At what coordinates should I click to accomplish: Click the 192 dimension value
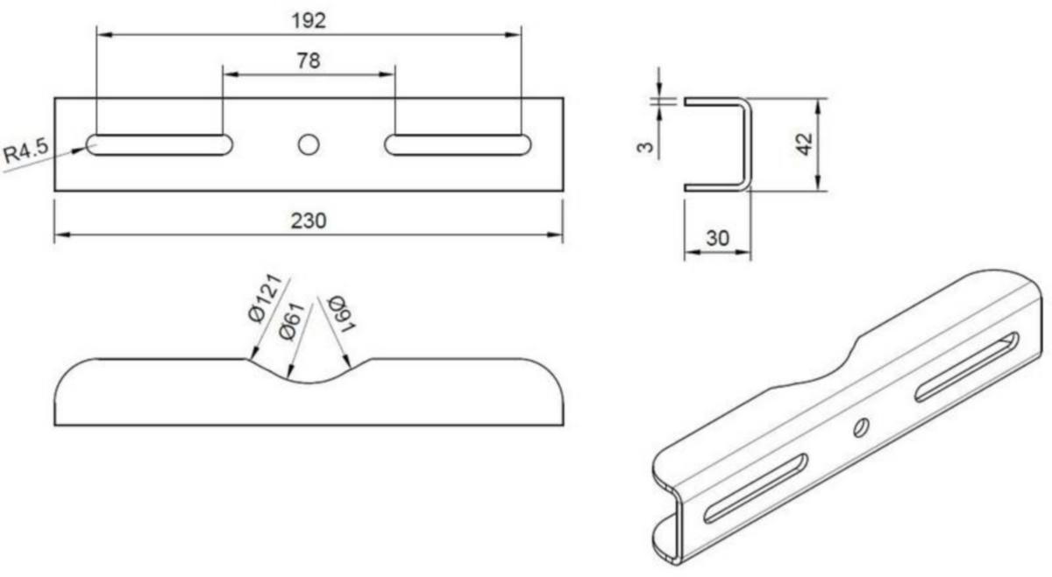coord(309,21)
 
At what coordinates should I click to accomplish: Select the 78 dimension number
coord(309,61)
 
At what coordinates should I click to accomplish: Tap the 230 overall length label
coord(309,221)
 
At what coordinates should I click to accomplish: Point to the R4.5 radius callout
coord(25,151)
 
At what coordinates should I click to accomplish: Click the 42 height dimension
coord(804,144)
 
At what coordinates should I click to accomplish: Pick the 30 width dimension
coord(718,238)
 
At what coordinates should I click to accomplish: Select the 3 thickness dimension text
coord(645,147)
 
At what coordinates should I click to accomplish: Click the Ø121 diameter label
coord(265,299)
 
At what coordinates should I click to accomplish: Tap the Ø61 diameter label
coord(292,321)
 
